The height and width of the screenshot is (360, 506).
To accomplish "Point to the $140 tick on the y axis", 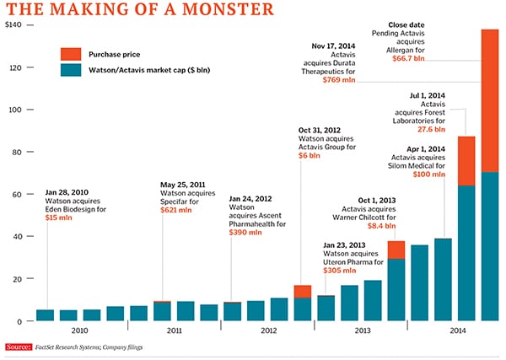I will (15, 26).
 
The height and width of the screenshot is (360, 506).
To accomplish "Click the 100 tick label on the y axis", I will (16, 110).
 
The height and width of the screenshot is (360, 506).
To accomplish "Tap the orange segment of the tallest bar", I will (489, 101).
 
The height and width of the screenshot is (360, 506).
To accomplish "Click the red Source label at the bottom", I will (19, 347).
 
